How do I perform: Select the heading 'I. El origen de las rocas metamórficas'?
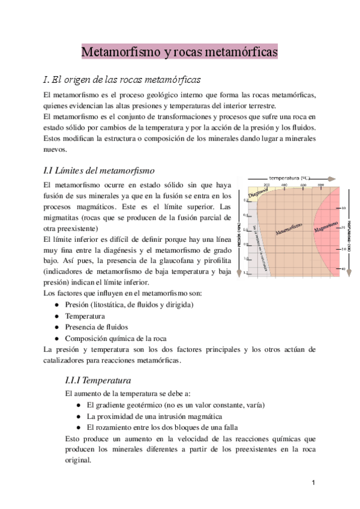122,80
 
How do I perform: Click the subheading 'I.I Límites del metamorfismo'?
100,170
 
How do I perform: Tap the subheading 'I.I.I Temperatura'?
98,380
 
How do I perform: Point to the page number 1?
313,483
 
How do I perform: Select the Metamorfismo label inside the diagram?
289,229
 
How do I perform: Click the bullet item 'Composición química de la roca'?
115,339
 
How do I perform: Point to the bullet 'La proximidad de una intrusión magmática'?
155,416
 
